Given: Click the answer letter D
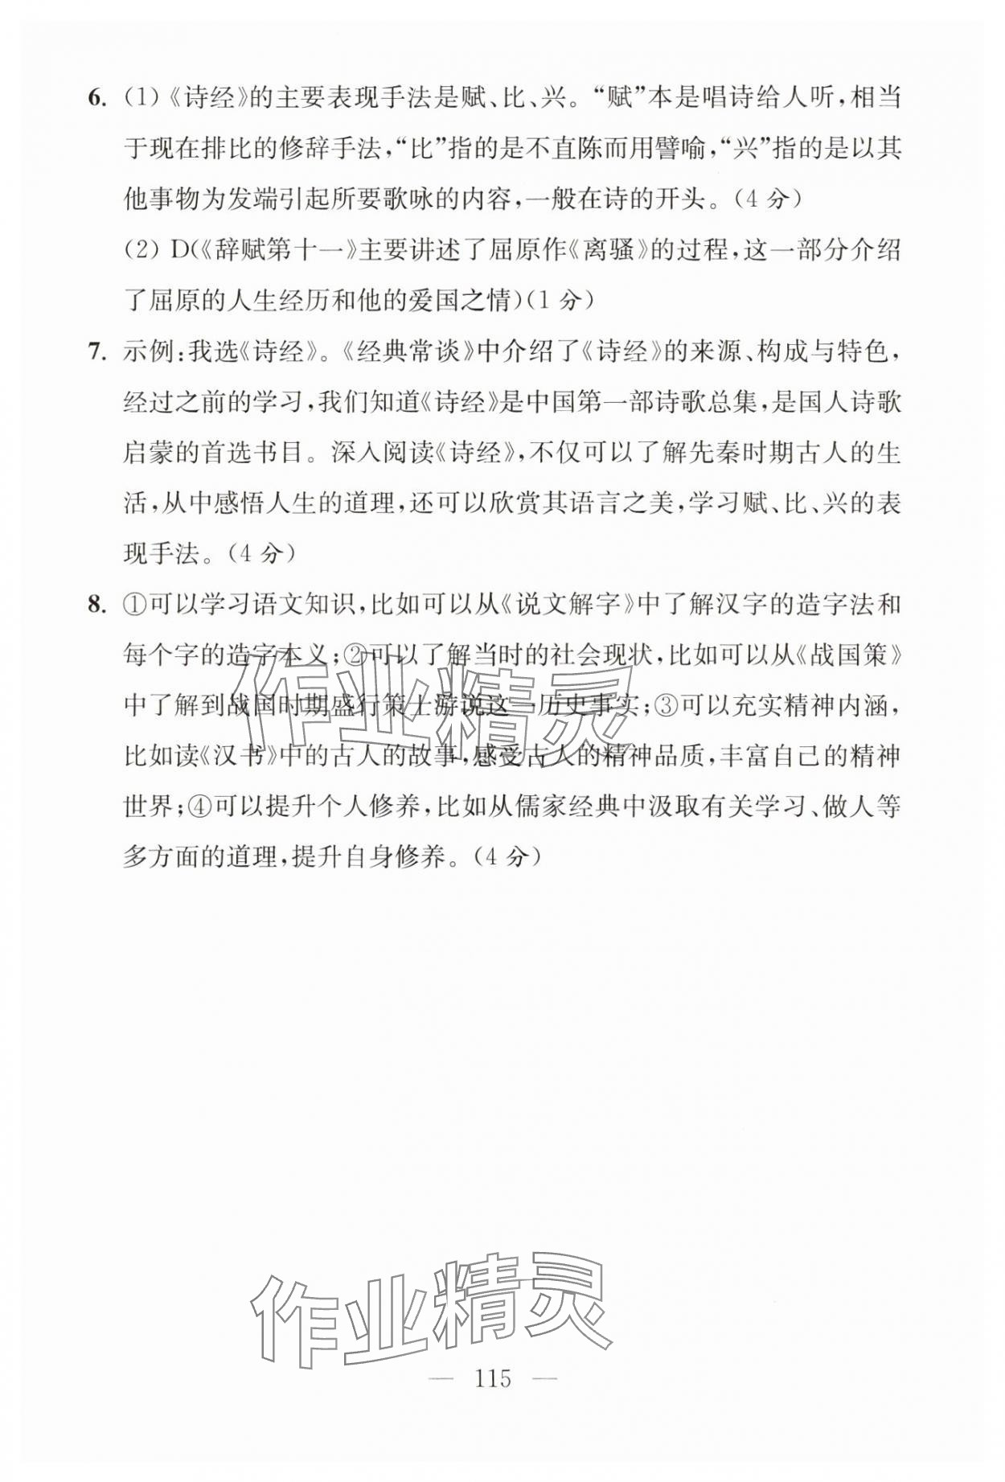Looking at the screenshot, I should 178,251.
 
